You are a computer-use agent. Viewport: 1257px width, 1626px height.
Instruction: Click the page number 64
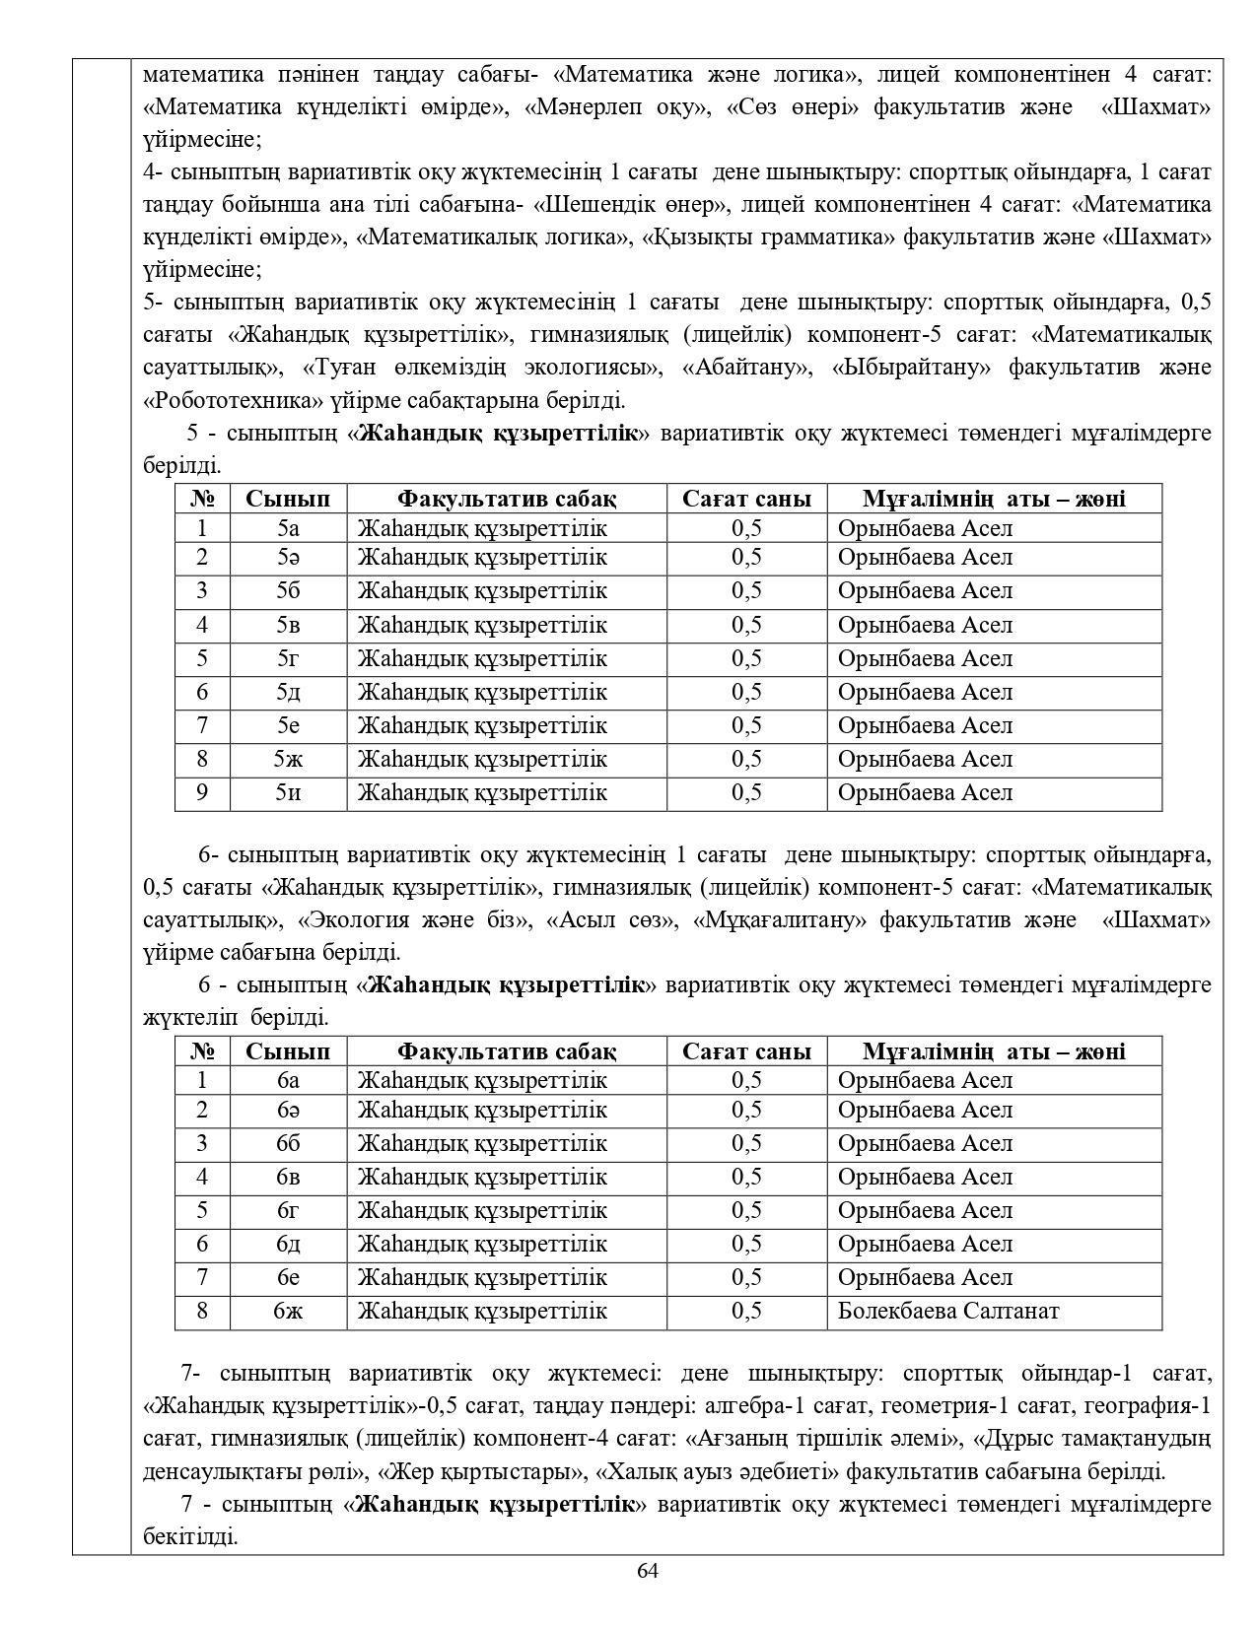(648, 1571)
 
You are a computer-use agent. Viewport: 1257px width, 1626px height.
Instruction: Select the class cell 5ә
(288, 558)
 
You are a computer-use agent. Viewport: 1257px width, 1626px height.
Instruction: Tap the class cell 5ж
(288, 760)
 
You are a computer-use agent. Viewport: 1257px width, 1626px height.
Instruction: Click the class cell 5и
(288, 793)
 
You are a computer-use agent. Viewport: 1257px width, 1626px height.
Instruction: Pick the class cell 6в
(288, 1178)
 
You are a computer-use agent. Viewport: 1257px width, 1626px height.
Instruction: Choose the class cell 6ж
(288, 1312)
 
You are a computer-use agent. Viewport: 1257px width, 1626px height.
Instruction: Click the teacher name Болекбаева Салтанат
(947, 1312)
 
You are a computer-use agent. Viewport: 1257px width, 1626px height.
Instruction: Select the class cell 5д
(288, 693)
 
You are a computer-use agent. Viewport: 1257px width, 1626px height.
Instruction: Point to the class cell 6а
(288, 1081)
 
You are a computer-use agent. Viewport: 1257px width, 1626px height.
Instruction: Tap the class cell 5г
(288, 659)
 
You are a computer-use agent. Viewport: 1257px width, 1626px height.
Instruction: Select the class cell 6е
(288, 1278)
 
